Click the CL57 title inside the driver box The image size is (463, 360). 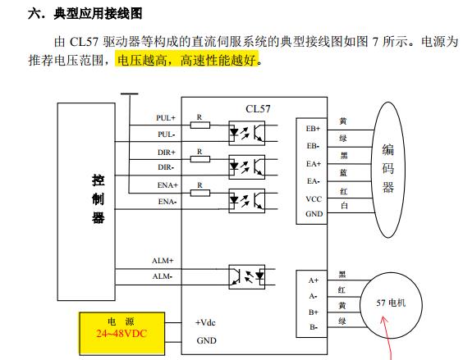click(258, 109)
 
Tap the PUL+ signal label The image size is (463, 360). click(166, 118)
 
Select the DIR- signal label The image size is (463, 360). click(166, 167)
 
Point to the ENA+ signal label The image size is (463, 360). click(167, 185)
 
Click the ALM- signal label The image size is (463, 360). click(162, 276)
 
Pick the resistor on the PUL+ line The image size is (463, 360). click(200, 125)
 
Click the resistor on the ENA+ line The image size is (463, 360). click(200, 194)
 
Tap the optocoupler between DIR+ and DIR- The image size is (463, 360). click(247, 167)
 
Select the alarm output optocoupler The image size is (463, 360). click(247, 277)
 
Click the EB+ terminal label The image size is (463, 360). click(313, 129)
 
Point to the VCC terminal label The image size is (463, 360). click(314, 199)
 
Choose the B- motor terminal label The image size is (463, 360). click(314, 327)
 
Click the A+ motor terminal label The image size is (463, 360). click(314, 280)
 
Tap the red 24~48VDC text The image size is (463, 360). click(121, 334)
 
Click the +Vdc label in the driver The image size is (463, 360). click(205, 322)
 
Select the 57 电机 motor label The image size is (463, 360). click(391, 303)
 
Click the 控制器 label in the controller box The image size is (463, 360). click(98, 199)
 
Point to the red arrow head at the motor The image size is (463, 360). click(383, 318)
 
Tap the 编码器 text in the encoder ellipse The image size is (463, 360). click(388, 168)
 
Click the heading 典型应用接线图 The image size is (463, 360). click(98, 14)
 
